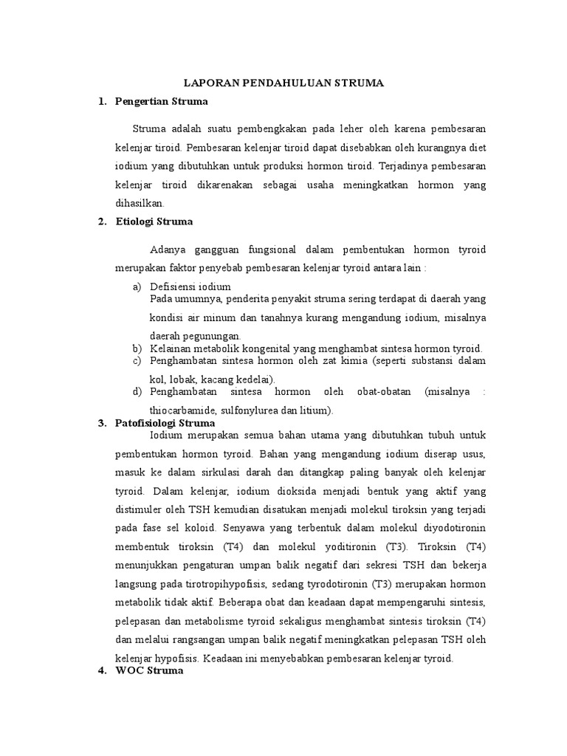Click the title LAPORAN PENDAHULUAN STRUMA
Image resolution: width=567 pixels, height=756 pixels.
(x=283, y=83)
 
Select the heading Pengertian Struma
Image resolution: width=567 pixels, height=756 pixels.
(x=162, y=101)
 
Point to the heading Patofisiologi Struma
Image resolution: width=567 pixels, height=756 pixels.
(x=165, y=423)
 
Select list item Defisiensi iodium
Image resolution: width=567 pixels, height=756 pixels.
(x=190, y=286)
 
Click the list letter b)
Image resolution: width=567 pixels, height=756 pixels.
(x=137, y=348)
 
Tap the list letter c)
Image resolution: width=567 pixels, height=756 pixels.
(x=137, y=360)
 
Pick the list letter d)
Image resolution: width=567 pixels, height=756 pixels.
(x=137, y=392)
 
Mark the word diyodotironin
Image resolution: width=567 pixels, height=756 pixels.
(x=451, y=528)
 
